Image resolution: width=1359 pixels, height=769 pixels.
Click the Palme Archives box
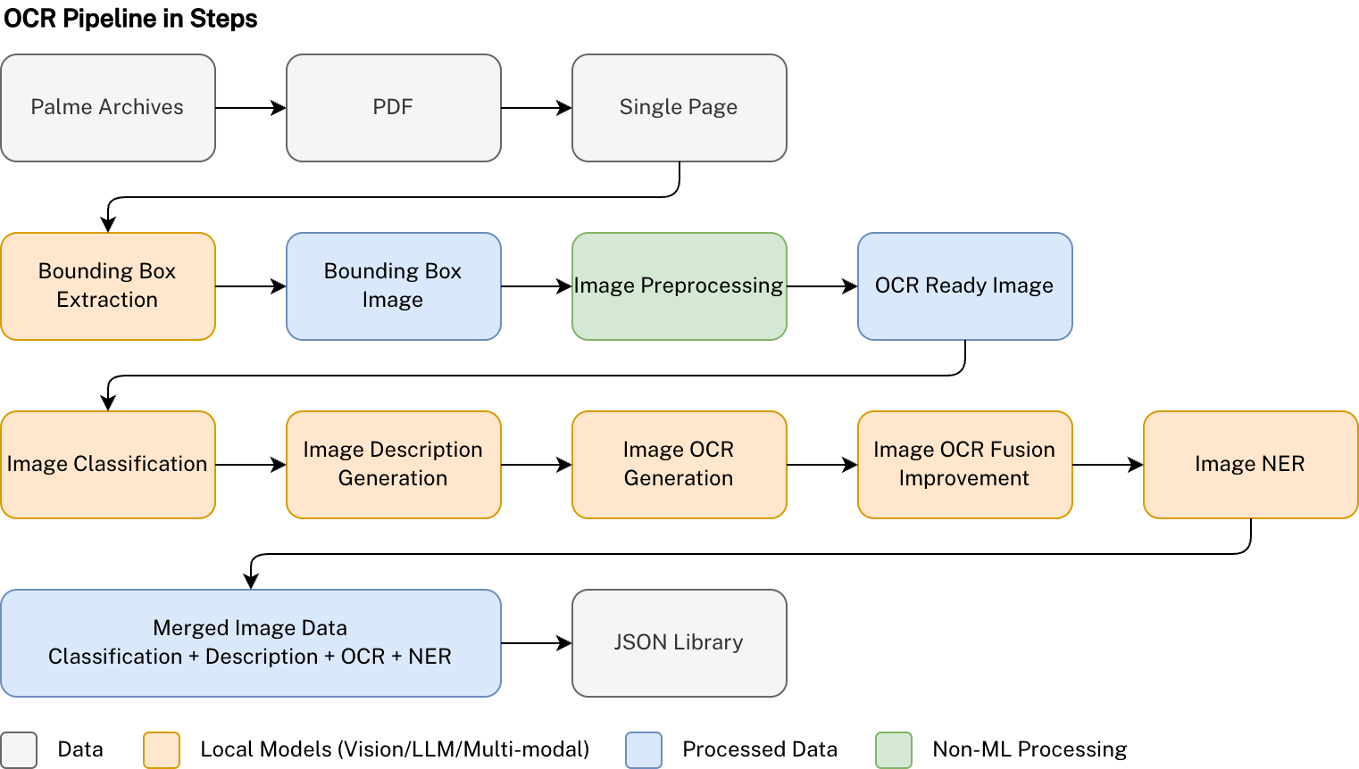(x=107, y=108)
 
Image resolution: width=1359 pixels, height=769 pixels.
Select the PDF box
(x=393, y=108)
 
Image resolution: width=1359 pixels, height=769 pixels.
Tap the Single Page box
(x=679, y=108)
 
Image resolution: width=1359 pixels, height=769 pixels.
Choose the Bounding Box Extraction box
(x=107, y=286)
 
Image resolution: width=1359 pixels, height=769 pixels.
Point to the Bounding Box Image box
(x=393, y=286)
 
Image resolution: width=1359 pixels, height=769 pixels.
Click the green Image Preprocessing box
(x=679, y=286)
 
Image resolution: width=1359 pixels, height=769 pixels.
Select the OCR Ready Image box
(x=964, y=286)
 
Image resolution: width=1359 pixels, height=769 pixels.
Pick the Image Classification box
(x=107, y=465)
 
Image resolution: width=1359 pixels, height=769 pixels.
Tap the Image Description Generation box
(x=393, y=465)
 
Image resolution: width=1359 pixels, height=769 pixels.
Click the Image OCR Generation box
(x=679, y=465)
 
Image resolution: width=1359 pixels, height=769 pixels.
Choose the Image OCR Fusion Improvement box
(x=964, y=465)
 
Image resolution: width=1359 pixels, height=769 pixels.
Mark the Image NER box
(x=1250, y=465)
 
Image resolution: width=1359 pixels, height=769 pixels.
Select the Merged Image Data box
(x=250, y=643)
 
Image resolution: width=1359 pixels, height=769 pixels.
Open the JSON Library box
(x=679, y=643)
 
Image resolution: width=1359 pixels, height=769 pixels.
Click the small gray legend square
(x=19, y=750)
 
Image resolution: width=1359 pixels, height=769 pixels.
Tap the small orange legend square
(x=162, y=750)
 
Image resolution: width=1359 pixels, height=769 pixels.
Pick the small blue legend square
(x=644, y=750)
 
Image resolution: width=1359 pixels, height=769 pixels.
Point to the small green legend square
(x=894, y=750)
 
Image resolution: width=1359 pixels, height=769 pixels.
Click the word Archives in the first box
(x=141, y=107)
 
